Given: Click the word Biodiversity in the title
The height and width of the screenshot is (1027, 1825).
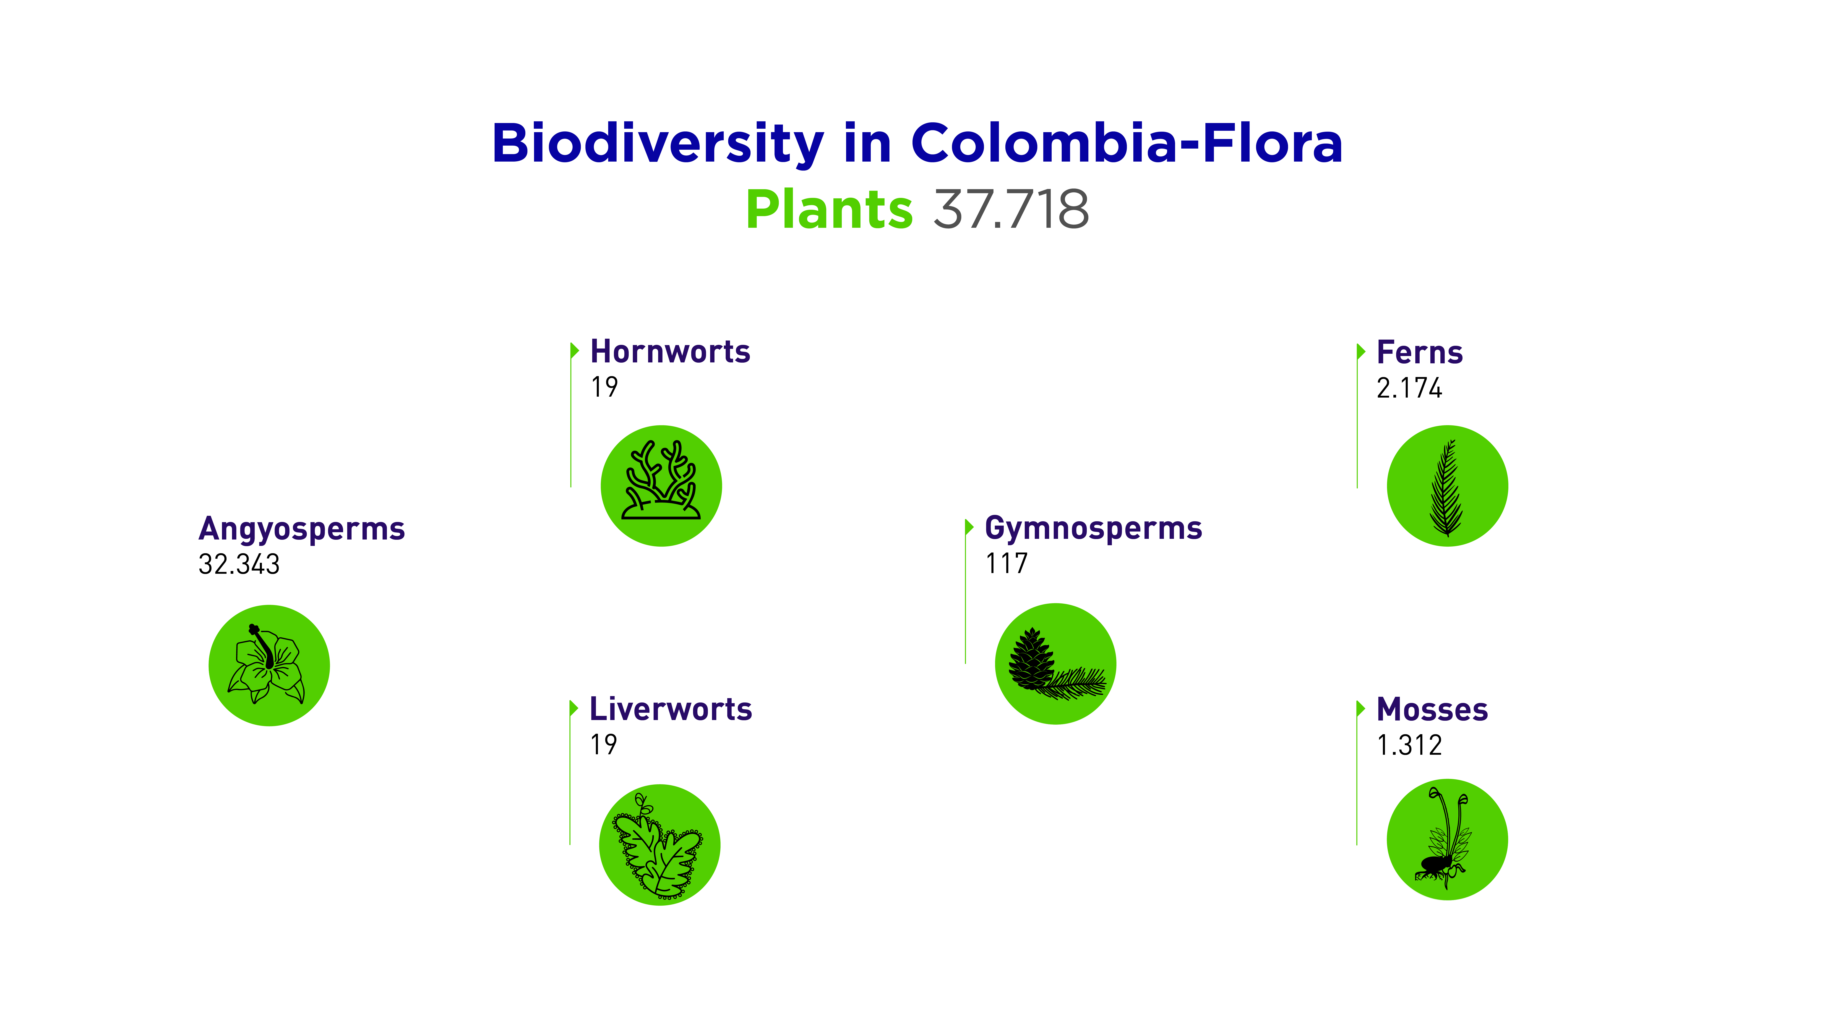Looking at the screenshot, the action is click(x=657, y=144).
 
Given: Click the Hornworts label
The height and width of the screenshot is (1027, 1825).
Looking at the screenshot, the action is click(x=670, y=351).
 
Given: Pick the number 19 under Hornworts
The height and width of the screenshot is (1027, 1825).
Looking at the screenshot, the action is click(x=604, y=387).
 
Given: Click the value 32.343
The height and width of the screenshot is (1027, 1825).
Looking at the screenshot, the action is click(x=239, y=564).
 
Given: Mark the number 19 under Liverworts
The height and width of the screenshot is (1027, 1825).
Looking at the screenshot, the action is click(x=604, y=744).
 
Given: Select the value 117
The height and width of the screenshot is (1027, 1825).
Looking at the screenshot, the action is click(x=1006, y=563).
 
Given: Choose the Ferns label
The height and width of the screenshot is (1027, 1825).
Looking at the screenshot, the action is click(x=1419, y=352).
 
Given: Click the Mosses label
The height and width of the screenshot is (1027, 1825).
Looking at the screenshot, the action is click(x=1432, y=710).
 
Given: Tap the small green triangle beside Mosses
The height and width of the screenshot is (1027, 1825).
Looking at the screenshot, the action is click(x=1360, y=709).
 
